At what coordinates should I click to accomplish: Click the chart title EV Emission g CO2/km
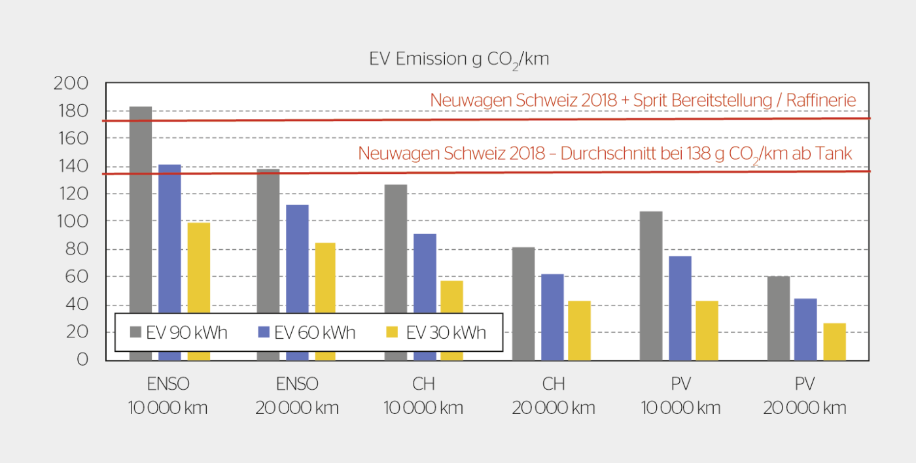459,59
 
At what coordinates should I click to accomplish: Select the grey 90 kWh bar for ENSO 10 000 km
141,209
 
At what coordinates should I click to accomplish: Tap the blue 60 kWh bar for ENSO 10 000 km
169,235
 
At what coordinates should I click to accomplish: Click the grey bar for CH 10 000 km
395,249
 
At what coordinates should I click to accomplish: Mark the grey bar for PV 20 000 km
779,318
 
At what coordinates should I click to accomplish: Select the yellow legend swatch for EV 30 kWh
392,332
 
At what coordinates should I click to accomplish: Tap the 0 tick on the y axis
82,360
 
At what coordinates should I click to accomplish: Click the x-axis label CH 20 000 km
553,396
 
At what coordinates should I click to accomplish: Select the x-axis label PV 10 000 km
680,396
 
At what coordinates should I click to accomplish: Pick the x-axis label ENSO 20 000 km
297,396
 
